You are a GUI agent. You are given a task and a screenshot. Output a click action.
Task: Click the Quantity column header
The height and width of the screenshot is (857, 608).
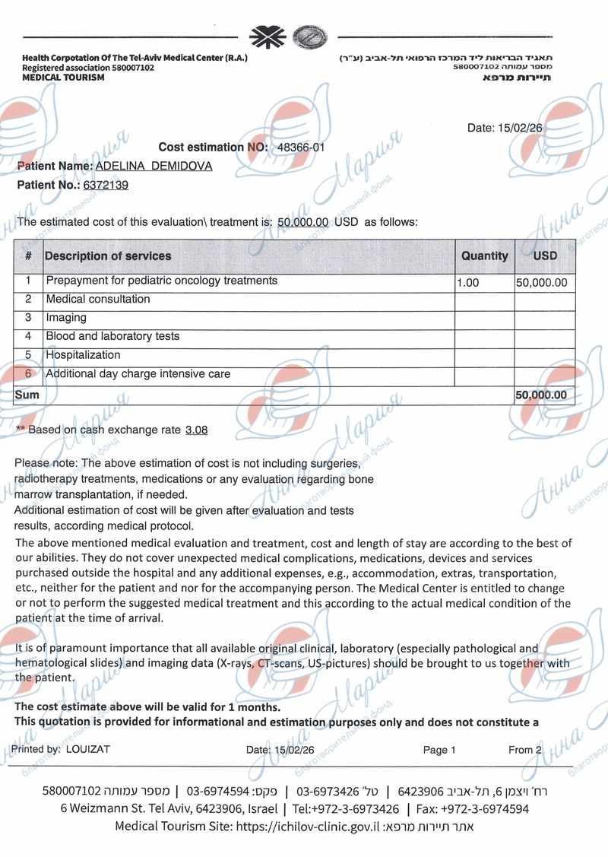[x=484, y=256]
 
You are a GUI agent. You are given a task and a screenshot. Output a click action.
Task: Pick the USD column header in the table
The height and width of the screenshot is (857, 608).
[x=545, y=256]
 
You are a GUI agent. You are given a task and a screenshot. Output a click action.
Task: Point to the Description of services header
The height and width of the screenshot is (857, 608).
[x=108, y=256]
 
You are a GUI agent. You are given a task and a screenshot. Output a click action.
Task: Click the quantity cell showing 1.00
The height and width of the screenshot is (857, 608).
[x=468, y=283]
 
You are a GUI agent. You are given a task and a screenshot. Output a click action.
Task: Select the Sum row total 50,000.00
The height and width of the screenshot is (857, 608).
[x=541, y=395]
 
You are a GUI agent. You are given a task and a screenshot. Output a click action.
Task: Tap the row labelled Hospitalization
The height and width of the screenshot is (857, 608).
[x=83, y=355]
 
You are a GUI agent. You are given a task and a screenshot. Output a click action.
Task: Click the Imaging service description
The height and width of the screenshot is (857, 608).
[x=66, y=318]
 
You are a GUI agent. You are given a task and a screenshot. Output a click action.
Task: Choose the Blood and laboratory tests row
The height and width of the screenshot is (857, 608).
[x=112, y=336]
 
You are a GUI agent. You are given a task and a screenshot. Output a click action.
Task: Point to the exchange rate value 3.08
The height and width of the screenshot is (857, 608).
[x=196, y=430]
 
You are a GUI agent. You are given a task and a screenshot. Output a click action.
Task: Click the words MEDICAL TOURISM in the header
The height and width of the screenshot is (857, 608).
[x=63, y=78]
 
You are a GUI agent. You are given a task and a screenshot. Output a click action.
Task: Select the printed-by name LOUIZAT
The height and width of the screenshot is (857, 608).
[x=88, y=749]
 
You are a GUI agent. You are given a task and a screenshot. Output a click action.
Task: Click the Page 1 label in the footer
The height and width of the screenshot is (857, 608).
[x=439, y=750]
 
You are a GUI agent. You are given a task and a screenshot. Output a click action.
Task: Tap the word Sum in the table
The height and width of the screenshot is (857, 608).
[x=27, y=395]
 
